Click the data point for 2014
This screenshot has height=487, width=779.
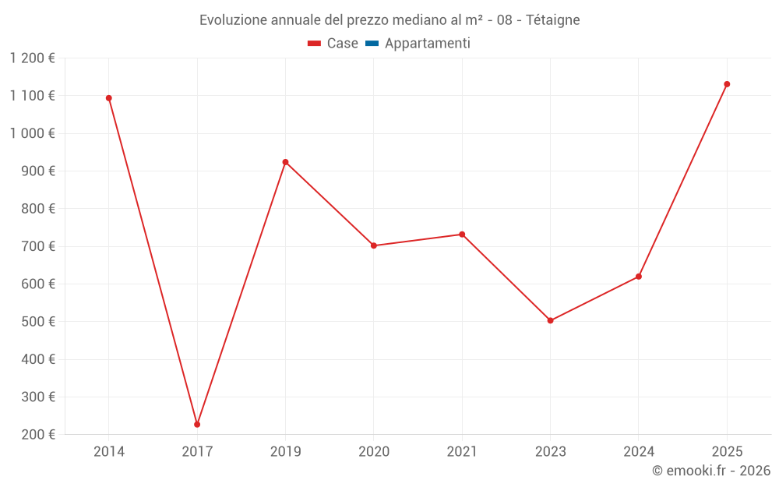pos(109,98)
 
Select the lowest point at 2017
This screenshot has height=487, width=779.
pos(197,425)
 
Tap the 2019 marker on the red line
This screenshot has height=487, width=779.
pos(285,162)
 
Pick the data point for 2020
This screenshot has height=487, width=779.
pos(374,245)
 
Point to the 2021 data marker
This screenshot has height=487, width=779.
pos(462,235)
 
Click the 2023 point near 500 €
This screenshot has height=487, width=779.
pos(550,320)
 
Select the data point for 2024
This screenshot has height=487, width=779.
pos(639,277)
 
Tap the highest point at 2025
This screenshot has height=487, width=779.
pos(727,84)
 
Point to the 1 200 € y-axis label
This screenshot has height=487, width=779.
pos(32,58)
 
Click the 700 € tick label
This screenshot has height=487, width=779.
pos(40,246)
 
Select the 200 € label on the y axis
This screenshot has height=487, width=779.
pos(40,435)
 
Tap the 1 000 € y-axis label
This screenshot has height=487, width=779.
pos(32,133)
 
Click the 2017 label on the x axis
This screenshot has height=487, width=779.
pos(197,451)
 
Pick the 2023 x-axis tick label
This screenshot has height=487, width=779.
pos(550,451)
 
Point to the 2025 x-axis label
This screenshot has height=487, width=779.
pos(727,451)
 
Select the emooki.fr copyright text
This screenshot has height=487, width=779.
pos(710,471)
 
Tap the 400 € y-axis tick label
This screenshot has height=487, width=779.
pos(40,359)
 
